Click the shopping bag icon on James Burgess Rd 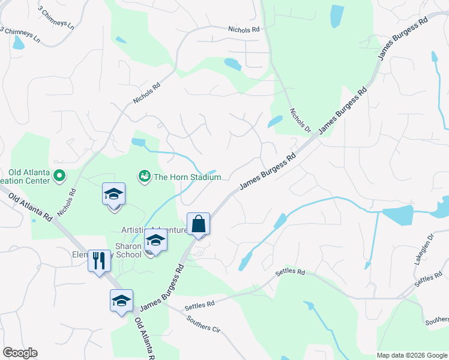(x=198, y=224)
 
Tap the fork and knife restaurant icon (x=100, y=260)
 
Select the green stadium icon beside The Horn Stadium (x=144, y=176)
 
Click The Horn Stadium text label (x=188, y=177)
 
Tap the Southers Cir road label (x=203, y=325)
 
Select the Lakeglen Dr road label (x=418, y=259)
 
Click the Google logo (x=20, y=353)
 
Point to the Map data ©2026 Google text (x=411, y=355)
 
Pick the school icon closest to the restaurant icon (x=121, y=301)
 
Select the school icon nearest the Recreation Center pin (x=113, y=194)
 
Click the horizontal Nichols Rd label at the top (x=243, y=29)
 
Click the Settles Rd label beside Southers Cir (x=199, y=306)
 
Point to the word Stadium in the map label (x=205, y=177)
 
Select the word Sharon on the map (x=128, y=246)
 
